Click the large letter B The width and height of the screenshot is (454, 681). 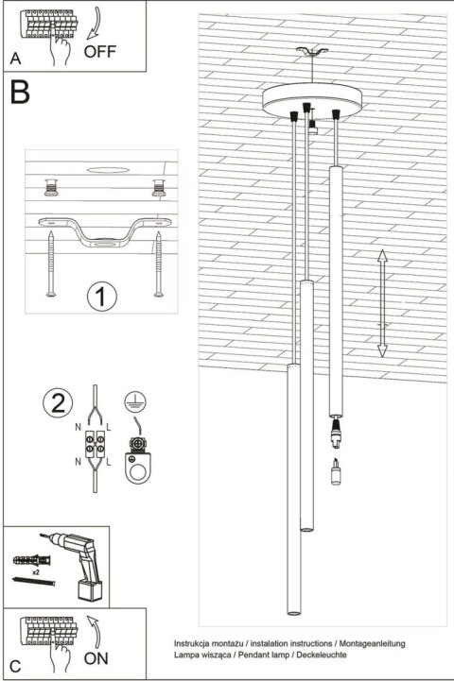click(21, 92)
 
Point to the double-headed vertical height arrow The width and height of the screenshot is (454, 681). click(382, 303)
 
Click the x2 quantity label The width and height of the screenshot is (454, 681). click(36, 572)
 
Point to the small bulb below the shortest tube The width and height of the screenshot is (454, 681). click(334, 469)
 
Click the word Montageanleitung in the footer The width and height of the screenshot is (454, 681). click(370, 643)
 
